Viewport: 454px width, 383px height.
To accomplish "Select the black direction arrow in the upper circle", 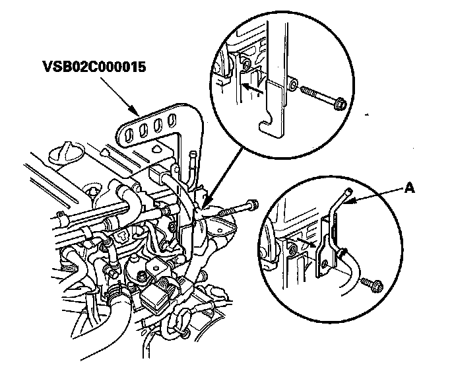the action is click(x=251, y=85).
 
